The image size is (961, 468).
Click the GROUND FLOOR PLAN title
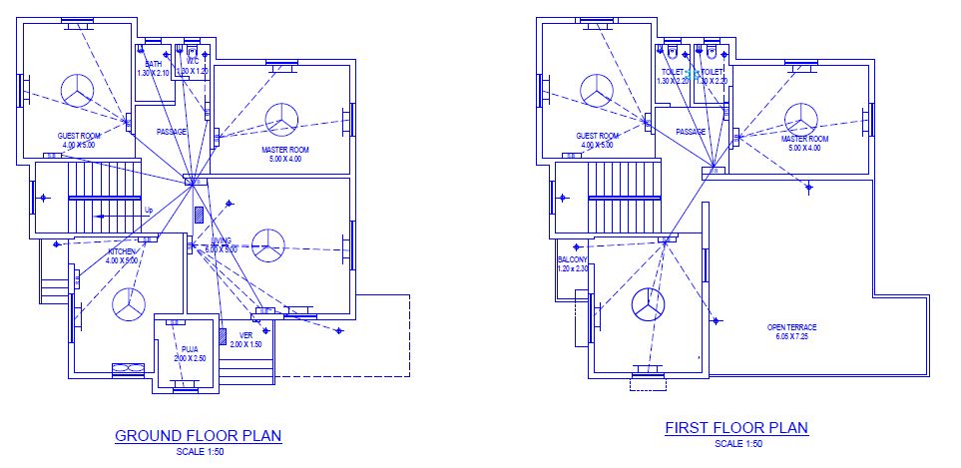coord(198,435)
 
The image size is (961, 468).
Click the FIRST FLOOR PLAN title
coord(736,428)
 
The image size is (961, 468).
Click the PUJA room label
coord(190,348)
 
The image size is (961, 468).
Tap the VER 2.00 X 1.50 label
coord(245,339)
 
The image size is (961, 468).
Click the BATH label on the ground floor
coord(154,64)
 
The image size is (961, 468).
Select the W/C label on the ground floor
coord(195,64)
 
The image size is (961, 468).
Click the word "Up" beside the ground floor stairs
coord(149,210)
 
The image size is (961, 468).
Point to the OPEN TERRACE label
coord(791,327)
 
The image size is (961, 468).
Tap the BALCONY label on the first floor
coord(573,259)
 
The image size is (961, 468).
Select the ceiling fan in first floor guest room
coord(598,89)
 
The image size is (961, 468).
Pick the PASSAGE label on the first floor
coord(691,132)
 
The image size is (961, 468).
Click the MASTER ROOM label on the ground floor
coord(284,150)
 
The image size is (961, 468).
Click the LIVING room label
coord(221,240)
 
